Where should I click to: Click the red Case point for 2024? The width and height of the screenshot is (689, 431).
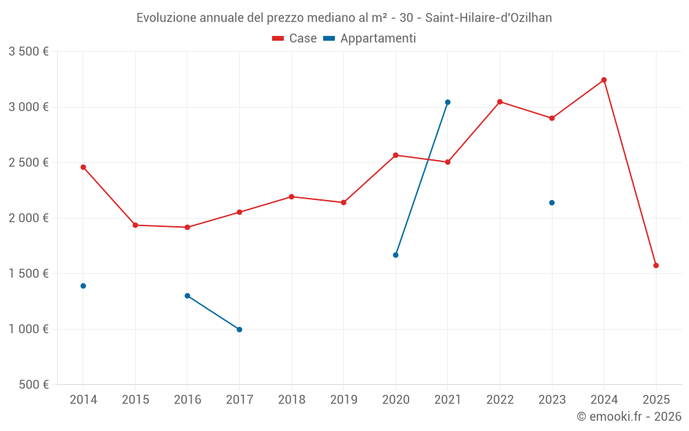pos(604,80)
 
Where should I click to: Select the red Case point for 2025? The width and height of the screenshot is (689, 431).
pos(656,265)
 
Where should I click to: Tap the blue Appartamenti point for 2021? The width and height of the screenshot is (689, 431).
pos(447,102)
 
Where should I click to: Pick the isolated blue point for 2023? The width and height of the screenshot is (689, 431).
pos(552,203)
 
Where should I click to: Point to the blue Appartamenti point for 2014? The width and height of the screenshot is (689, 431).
pos(83,286)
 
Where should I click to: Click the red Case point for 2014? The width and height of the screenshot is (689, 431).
pos(83,167)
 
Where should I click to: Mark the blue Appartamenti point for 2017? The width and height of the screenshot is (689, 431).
pos(239,330)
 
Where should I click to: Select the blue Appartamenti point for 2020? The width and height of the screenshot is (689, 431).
pos(395,255)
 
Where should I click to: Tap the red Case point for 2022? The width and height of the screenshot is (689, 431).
pos(500,102)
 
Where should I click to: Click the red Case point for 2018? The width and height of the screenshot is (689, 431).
pos(291,197)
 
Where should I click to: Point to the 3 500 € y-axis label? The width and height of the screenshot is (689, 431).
pos(28,52)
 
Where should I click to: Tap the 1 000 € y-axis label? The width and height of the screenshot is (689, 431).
pos(28,329)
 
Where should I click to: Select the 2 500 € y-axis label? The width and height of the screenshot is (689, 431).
pos(28,163)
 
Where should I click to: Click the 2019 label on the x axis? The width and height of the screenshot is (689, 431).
pos(343,399)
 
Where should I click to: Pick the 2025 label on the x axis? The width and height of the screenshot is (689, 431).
pos(656,399)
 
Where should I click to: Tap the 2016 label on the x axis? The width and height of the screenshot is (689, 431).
pos(187,399)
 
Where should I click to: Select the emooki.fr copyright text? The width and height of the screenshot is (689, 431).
pos(628,417)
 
